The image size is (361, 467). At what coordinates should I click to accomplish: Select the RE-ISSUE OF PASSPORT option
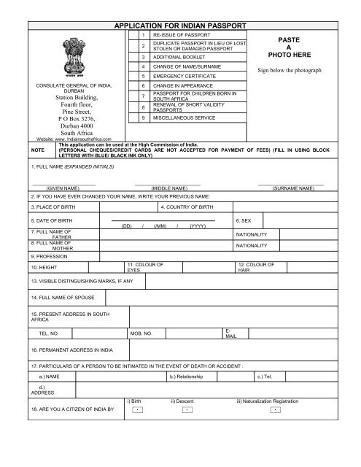pyautogui.click(x=181, y=35)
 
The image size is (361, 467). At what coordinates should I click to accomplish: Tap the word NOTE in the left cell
pyautogui.click(x=15, y=149)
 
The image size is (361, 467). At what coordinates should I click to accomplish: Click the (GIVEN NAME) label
pyautogui.click(x=63, y=188)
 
